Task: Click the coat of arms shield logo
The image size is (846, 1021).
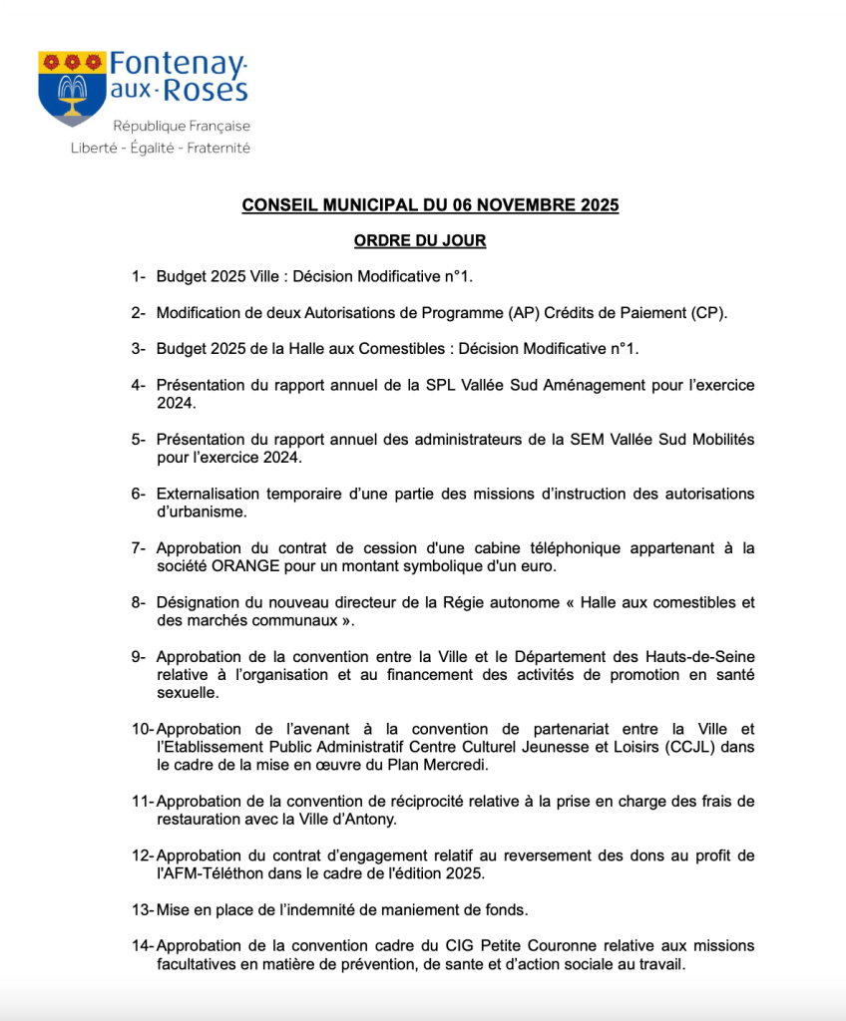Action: (x=72, y=88)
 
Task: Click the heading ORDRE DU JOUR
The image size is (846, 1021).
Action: (x=420, y=240)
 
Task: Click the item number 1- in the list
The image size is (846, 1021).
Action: (x=138, y=275)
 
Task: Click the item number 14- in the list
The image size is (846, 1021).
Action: (x=143, y=945)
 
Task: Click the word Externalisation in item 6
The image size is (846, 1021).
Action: (x=209, y=494)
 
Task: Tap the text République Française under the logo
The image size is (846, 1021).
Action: (x=181, y=127)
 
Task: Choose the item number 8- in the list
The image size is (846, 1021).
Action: (x=138, y=602)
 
